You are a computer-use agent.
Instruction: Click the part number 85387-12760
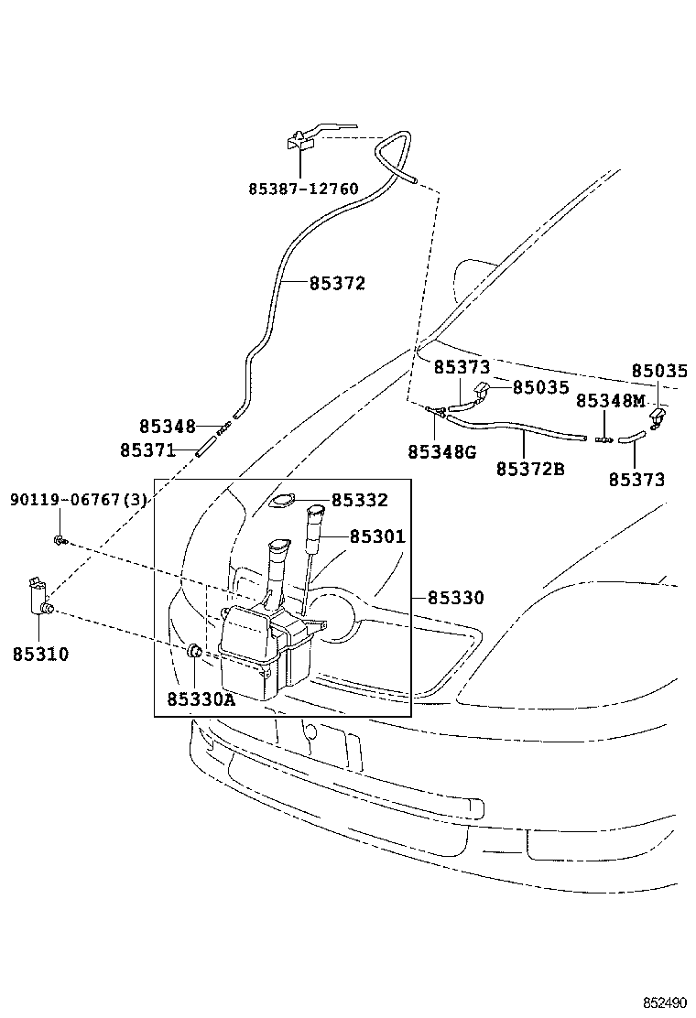[x=303, y=190]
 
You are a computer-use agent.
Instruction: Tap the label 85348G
[x=442, y=451]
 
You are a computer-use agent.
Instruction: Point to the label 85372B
[x=530, y=469]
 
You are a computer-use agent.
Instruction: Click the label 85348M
[x=611, y=401]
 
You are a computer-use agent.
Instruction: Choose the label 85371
[x=147, y=449]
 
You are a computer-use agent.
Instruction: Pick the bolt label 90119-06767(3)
[x=79, y=500]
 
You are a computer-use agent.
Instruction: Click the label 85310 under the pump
[x=41, y=654]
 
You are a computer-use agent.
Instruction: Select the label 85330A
[x=201, y=699]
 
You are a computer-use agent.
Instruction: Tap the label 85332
[x=360, y=500]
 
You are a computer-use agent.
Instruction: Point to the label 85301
[x=376, y=536]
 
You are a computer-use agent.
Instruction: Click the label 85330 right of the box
[x=455, y=598]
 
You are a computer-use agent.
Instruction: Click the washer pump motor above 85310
[x=38, y=597]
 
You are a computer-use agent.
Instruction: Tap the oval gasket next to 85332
[x=283, y=501]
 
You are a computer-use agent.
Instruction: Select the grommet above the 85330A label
[x=194, y=652]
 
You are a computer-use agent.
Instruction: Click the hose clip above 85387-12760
[x=299, y=139]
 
